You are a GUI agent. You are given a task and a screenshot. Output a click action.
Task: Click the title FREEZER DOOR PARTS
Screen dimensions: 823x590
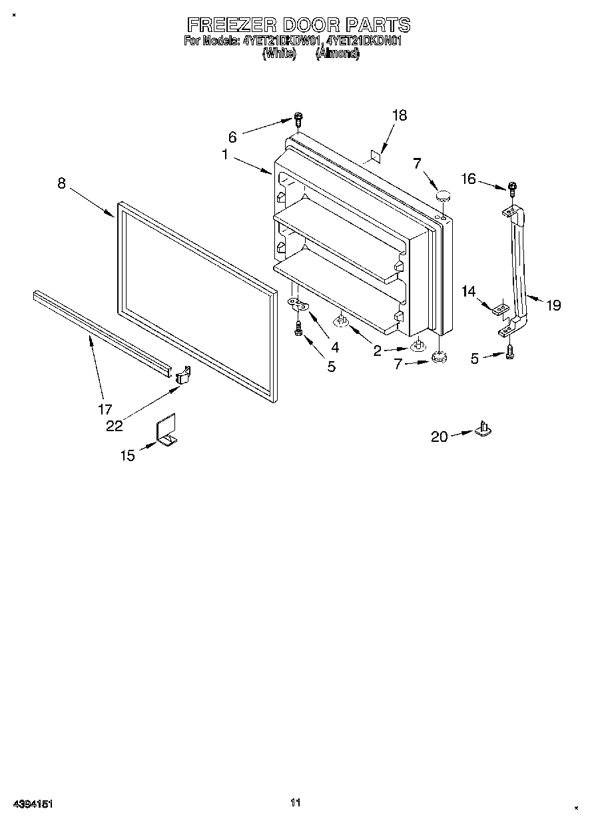pyautogui.click(x=298, y=25)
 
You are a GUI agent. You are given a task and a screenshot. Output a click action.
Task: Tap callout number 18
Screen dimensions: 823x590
pyautogui.click(x=399, y=115)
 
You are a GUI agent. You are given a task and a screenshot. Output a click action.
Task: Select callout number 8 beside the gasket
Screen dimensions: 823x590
pyautogui.click(x=61, y=183)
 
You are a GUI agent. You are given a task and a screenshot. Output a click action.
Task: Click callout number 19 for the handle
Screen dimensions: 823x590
pyautogui.click(x=553, y=305)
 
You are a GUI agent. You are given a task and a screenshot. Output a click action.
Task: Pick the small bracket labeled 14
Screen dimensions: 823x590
pyautogui.click(x=500, y=309)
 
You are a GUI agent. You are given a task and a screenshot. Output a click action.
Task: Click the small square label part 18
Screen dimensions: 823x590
pyautogui.click(x=375, y=157)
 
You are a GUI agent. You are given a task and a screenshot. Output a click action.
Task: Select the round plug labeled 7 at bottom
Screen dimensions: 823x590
pyautogui.click(x=438, y=358)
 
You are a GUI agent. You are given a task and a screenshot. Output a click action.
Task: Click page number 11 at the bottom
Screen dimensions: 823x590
pyautogui.click(x=296, y=802)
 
